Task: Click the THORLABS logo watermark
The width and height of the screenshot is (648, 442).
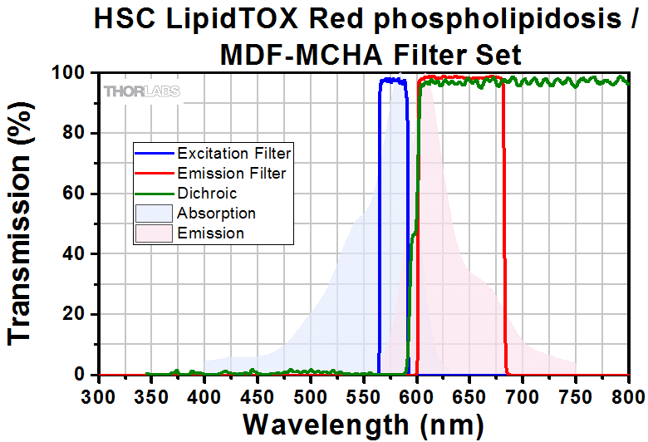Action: click(x=141, y=91)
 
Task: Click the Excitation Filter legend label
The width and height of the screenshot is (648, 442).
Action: click(x=233, y=154)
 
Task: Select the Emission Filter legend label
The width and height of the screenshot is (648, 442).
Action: click(x=231, y=174)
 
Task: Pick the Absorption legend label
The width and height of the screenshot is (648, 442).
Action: click(x=216, y=214)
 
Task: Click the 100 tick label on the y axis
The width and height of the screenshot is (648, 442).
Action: click(x=75, y=73)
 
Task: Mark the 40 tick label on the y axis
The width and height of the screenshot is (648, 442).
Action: click(x=80, y=254)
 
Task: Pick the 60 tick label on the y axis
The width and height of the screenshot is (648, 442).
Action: click(x=80, y=194)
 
